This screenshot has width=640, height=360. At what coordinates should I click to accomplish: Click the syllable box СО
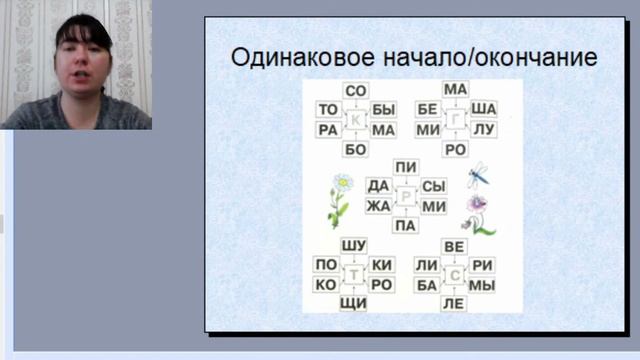[356, 91]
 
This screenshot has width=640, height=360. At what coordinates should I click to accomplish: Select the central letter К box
[356, 121]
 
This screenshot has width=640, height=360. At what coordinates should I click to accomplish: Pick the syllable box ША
[483, 109]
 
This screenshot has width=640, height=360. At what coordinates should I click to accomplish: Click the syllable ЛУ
[483, 130]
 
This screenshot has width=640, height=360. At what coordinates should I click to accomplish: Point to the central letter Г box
[456, 120]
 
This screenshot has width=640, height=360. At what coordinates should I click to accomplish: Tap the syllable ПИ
[406, 167]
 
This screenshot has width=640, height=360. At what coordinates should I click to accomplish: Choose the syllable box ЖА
[378, 206]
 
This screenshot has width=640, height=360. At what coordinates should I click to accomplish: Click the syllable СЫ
[433, 186]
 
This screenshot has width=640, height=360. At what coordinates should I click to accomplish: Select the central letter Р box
[406, 196]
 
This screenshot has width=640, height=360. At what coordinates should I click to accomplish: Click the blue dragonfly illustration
[478, 176]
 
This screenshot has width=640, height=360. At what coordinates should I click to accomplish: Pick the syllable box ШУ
[354, 246]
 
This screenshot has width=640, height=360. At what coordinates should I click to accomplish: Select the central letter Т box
[354, 274]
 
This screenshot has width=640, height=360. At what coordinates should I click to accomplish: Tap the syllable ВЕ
[455, 246]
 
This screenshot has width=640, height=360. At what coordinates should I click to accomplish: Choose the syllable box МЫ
[482, 285]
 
